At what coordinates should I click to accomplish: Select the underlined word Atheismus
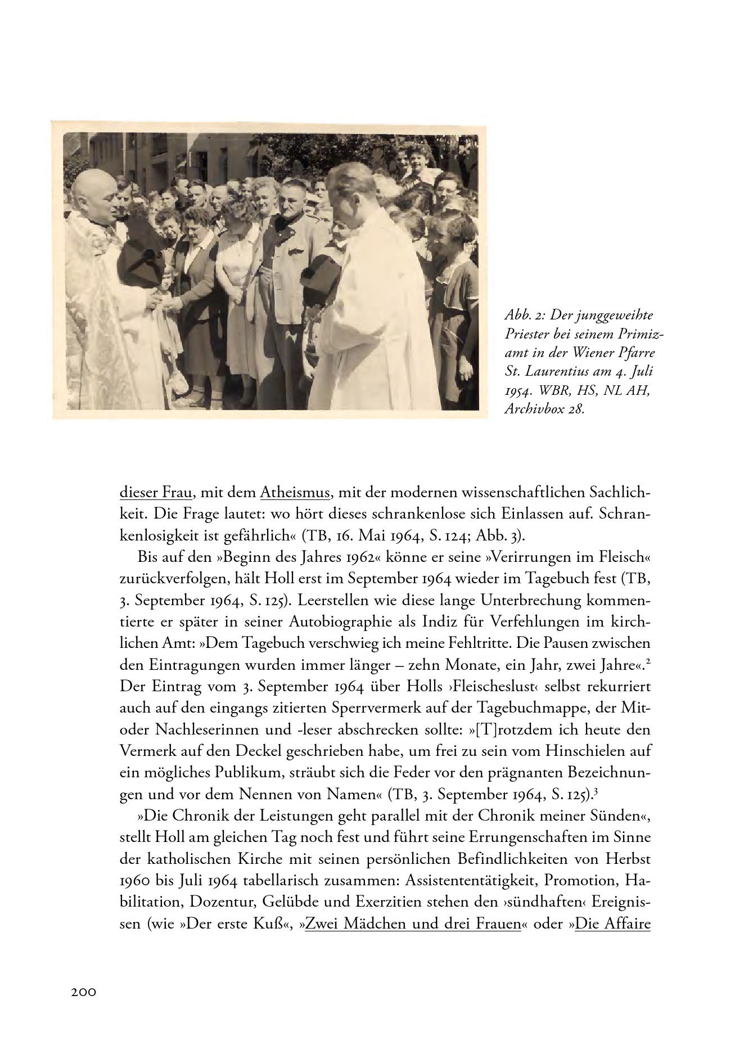(x=295, y=493)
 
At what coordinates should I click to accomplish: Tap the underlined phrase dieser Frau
(x=157, y=493)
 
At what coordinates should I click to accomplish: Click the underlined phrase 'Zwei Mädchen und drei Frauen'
(x=413, y=924)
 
